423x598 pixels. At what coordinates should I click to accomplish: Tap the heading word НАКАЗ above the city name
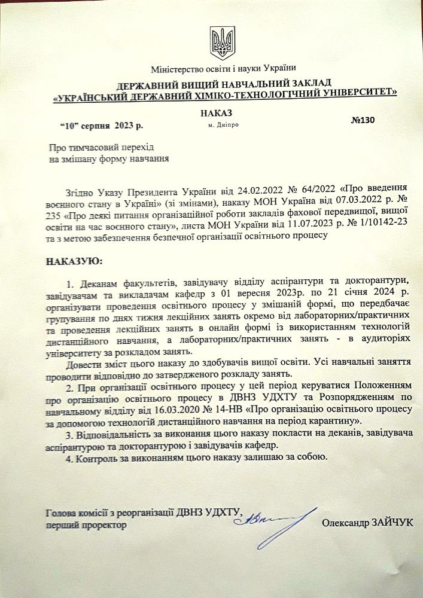click(x=217, y=113)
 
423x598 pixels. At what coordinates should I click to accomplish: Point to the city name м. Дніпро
click(x=224, y=126)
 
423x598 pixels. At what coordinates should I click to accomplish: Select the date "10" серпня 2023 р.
click(x=101, y=126)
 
